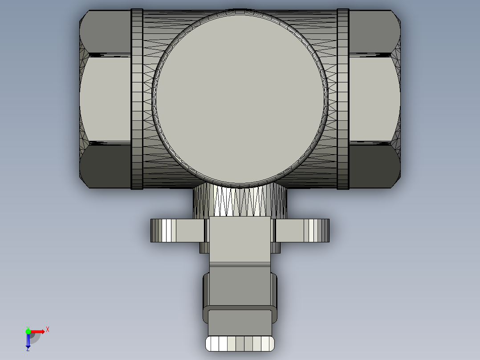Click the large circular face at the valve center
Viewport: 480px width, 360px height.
pos(240,98)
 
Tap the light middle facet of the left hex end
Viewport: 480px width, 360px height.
pos(106,99)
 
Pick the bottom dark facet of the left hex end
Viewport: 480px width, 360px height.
pos(106,166)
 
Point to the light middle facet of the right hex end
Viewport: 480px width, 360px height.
pos(373,99)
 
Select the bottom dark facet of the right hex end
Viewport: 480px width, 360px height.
pos(373,166)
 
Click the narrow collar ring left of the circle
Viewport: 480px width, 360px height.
pos(137,99)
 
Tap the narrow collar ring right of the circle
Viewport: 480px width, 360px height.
pos(343,99)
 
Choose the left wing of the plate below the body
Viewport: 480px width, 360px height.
pos(178,231)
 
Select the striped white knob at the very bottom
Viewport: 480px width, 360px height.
pos(240,344)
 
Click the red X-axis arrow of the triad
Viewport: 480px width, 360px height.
pos(39,331)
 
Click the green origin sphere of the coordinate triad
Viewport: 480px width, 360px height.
pos(28,331)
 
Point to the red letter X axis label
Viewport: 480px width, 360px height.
pos(48,330)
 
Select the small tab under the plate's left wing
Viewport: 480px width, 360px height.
pos(204,248)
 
